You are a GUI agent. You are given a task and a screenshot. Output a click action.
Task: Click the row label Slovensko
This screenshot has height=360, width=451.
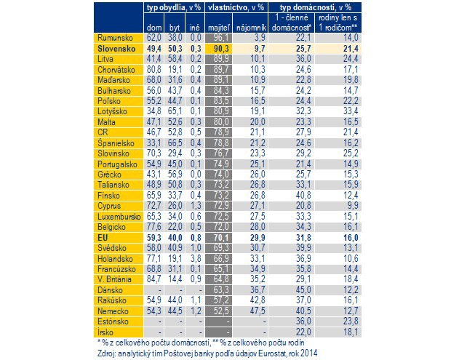[116, 49]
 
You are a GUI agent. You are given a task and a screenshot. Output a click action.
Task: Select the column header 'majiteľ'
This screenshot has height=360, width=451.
[219, 28]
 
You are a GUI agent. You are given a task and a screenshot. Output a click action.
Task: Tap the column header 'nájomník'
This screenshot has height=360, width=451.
[250, 28]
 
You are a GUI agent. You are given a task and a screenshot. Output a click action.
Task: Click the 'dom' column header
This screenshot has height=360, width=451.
[154, 28]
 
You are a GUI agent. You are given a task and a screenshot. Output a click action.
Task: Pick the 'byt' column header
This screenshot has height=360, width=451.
[175, 28]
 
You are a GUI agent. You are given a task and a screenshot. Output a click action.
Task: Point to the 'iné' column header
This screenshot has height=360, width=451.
[195, 28]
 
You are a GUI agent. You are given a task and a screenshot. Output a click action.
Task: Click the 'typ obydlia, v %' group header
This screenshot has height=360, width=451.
[174, 7]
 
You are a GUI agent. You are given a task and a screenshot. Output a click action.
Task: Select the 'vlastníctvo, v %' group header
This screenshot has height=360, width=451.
[236, 7]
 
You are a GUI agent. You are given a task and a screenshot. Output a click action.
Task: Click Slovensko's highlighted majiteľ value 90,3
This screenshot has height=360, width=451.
[221, 48]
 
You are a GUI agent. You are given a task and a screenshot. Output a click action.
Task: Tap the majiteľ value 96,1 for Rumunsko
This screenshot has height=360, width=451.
[221, 38]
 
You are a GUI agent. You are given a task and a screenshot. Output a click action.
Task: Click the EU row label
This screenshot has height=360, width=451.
[103, 238]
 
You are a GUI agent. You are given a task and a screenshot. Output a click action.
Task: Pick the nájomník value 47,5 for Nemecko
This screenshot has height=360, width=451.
[258, 311]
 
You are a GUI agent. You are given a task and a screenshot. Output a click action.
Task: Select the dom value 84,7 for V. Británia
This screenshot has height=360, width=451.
[154, 279]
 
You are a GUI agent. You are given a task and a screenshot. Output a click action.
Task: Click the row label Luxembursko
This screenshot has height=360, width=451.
[119, 217]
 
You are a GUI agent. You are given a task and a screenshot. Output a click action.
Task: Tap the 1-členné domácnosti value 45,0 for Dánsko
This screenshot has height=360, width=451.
[303, 290]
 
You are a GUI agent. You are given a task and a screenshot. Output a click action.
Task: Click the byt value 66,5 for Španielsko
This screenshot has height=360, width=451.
[175, 143]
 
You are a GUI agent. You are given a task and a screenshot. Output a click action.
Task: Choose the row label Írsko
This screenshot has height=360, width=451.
[105, 332]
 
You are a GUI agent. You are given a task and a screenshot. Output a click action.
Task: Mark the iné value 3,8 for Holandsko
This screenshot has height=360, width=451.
[196, 258]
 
